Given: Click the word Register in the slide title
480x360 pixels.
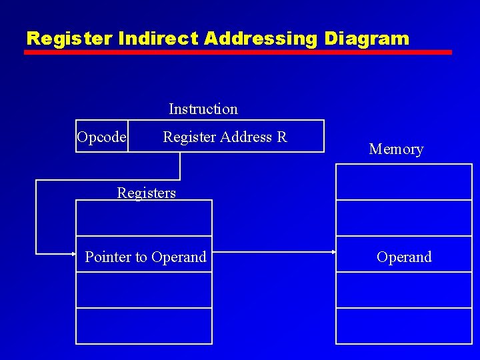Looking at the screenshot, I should (70, 39).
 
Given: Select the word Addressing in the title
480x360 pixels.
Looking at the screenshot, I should (261, 39).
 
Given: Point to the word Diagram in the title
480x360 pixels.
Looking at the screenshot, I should (366, 39).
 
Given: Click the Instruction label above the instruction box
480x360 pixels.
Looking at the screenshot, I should (203, 109).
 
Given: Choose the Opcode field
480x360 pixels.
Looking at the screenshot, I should (101, 137).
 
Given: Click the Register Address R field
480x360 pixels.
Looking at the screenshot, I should (225, 137).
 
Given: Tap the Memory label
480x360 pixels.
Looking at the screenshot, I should (396, 149).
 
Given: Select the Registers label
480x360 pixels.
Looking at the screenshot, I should (146, 193).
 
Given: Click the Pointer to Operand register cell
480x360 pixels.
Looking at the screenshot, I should (145, 257).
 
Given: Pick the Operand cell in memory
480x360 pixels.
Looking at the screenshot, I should (404, 257).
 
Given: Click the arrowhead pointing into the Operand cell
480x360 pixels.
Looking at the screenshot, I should (332, 252).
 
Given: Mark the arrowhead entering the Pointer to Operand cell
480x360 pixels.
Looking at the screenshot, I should (73, 253).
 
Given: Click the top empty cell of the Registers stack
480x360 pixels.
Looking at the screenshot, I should (144, 218).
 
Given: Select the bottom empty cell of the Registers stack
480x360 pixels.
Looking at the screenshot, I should (144, 326).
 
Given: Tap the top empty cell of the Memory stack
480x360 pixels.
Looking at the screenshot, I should (403, 181).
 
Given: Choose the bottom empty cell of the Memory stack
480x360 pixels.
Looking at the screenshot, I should (403, 326).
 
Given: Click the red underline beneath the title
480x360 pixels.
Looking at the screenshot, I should (238, 52).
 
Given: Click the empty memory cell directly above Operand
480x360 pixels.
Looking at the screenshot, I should (403, 218).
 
